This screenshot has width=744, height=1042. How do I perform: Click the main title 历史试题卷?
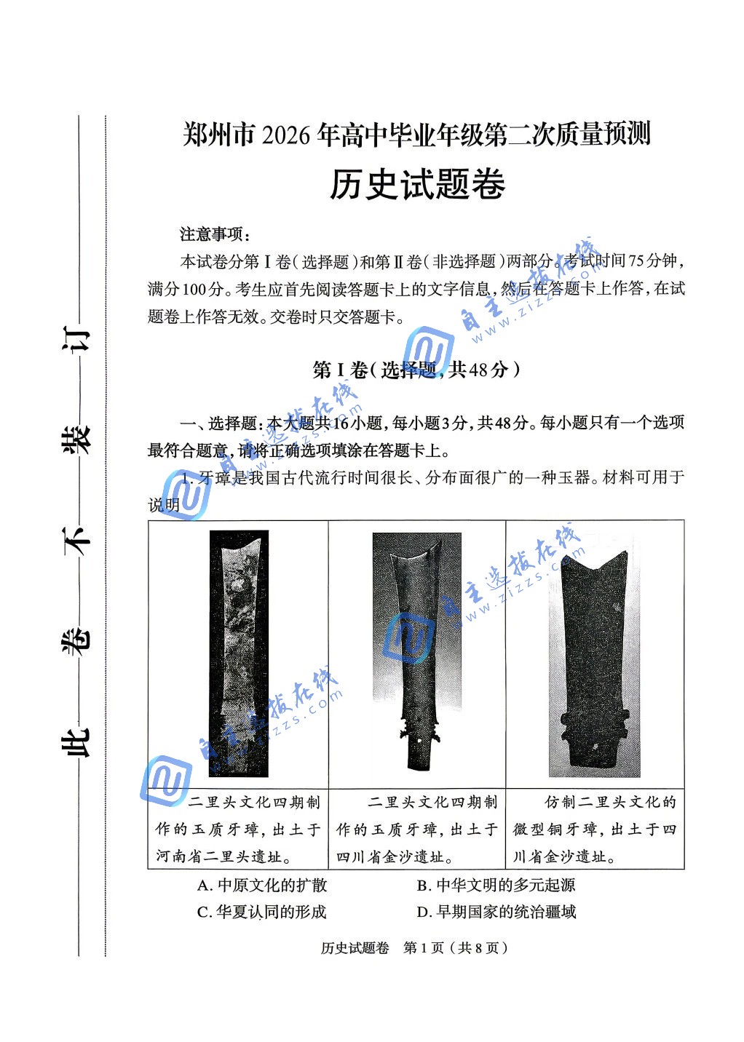point(417,185)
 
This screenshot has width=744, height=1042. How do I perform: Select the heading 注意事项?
point(215,234)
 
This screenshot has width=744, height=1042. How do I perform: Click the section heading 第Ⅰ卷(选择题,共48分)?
point(416,370)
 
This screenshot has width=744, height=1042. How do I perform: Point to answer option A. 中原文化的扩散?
point(262,885)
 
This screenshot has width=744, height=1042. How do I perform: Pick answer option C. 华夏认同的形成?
point(262,912)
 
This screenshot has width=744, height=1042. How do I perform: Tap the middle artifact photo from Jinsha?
point(417,648)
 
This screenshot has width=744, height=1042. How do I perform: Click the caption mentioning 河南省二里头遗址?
point(238,830)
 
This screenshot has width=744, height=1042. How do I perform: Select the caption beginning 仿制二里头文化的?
point(595,830)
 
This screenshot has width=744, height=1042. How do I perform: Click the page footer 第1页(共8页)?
point(455,947)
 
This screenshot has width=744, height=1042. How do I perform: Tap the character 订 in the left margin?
point(78,341)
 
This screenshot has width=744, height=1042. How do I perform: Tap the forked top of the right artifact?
point(594,564)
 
